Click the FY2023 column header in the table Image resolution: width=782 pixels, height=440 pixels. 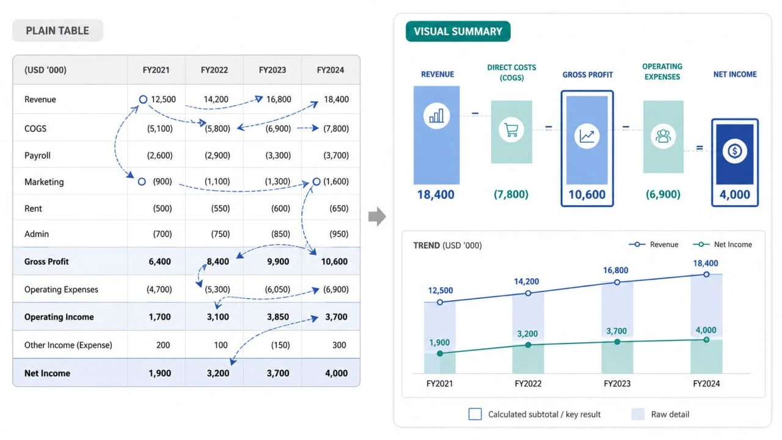pyautogui.click(x=272, y=70)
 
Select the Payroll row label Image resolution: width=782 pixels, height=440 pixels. pyautogui.click(x=37, y=155)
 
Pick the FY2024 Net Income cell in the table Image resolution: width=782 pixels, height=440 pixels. pyautogui.click(x=336, y=373)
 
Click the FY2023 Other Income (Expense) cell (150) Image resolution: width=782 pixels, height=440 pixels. pyautogui.click(x=280, y=345)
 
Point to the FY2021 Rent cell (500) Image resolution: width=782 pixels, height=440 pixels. pyautogui.click(x=163, y=208)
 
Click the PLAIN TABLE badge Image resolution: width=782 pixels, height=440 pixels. pyautogui.click(x=57, y=31)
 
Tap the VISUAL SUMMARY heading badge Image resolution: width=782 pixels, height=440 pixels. pyautogui.click(x=458, y=31)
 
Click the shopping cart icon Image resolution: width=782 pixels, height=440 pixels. pyautogui.click(x=511, y=130)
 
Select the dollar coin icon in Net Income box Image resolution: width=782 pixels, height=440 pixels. pyautogui.click(x=734, y=151)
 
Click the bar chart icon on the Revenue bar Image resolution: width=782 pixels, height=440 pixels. pyautogui.click(x=436, y=116)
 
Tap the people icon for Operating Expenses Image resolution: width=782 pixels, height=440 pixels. pyautogui.click(x=663, y=136)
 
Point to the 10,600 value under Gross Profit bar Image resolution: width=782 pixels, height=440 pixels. pyautogui.click(x=587, y=194)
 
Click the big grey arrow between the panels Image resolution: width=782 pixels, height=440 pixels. pyautogui.click(x=377, y=216)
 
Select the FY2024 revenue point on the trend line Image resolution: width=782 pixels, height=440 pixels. pyautogui.click(x=706, y=274)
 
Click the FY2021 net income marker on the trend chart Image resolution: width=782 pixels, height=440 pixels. pyautogui.click(x=440, y=353)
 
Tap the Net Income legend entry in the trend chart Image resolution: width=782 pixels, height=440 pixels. pyautogui.click(x=722, y=244)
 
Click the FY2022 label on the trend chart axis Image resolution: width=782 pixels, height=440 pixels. pyautogui.click(x=528, y=384)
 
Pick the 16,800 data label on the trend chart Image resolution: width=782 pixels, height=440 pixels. pyautogui.click(x=615, y=270)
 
